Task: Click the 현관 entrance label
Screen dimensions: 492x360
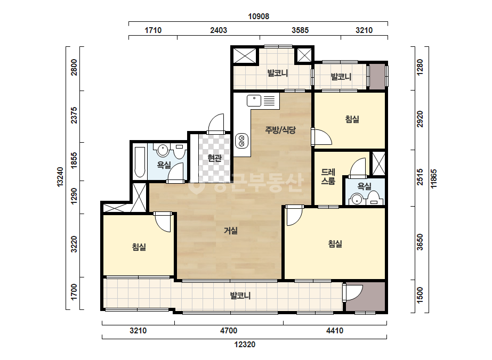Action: coord(215,158)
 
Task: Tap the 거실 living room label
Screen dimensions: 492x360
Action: coord(231,231)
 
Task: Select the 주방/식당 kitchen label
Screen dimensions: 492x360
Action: coord(280,130)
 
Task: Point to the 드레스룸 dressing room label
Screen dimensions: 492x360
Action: coord(328,177)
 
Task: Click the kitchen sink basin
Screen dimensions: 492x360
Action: coord(254,101)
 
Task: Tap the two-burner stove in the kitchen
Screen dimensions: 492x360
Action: coord(241,141)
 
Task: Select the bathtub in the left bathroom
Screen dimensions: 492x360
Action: coord(140,162)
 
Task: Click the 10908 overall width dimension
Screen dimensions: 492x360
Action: coord(259,17)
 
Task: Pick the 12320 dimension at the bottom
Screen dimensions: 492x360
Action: coord(245,345)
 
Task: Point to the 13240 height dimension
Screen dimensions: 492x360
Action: coord(60,177)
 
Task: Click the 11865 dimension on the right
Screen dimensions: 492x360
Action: coord(434,179)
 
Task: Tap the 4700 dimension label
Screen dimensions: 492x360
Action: coord(229,331)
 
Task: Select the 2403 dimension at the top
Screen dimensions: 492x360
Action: coord(219,30)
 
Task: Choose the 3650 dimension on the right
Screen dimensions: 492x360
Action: coord(420,242)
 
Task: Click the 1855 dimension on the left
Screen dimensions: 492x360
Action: coord(74,160)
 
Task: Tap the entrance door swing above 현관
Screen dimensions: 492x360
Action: coord(216,124)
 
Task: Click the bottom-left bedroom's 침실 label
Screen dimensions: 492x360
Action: coord(139,247)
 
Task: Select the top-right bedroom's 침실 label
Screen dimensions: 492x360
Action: coord(352,119)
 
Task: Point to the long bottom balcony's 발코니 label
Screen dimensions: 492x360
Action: coord(240,296)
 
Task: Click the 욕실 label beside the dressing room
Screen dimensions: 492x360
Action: coord(364,186)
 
